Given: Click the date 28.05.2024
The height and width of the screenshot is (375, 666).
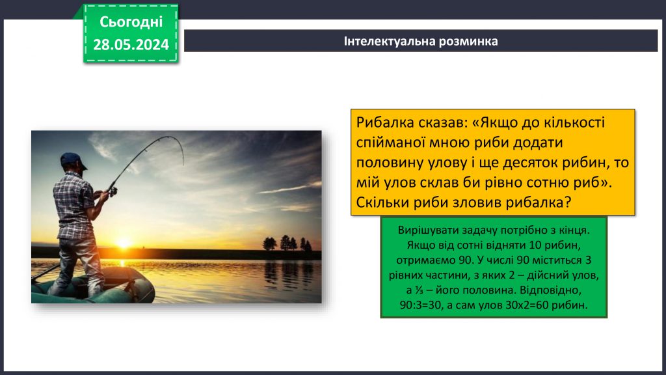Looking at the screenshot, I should pyautogui.click(x=131, y=44).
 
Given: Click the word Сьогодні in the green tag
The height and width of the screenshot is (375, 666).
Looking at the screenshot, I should pyautogui.click(x=131, y=21).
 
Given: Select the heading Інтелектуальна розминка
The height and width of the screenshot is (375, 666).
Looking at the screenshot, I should pyautogui.click(x=421, y=41).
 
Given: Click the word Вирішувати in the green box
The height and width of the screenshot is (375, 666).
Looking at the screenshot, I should pyautogui.click(x=432, y=231).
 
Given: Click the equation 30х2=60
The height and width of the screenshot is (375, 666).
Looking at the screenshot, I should pyautogui.click(x=527, y=305).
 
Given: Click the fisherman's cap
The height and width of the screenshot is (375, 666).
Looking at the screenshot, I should pyautogui.click(x=73, y=160).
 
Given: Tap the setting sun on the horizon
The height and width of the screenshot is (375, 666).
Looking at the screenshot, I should pyautogui.click(x=123, y=243).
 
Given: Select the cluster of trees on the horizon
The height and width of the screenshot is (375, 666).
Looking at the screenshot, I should pyautogui.click(x=287, y=244).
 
